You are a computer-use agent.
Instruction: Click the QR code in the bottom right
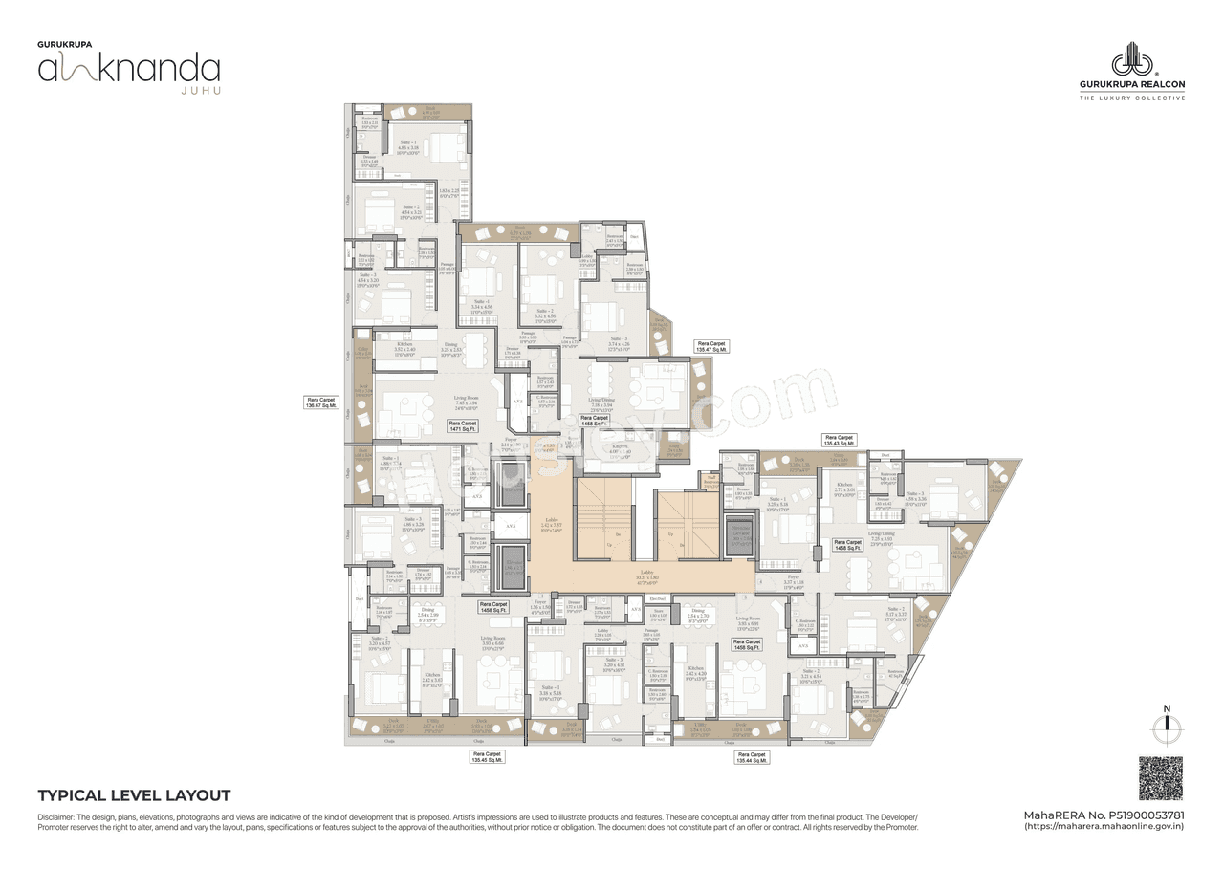pos(1160,777)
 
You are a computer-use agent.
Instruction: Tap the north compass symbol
pos(1166,729)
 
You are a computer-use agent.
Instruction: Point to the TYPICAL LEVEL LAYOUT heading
pos(134,794)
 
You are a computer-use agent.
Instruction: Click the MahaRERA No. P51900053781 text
pos(1104,815)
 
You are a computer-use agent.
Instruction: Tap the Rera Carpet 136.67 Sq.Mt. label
pos(321,402)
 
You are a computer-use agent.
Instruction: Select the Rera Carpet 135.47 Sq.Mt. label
pos(711,347)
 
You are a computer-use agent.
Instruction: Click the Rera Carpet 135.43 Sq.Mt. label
pos(839,440)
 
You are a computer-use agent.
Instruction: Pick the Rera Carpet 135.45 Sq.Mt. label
pos(487,756)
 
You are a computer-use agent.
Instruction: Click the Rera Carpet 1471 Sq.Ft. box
pos(462,426)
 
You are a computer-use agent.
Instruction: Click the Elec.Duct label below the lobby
pos(657,598)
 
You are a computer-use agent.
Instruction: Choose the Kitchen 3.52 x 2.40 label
pos(404,347)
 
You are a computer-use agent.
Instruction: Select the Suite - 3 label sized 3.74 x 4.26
pos(619,341)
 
